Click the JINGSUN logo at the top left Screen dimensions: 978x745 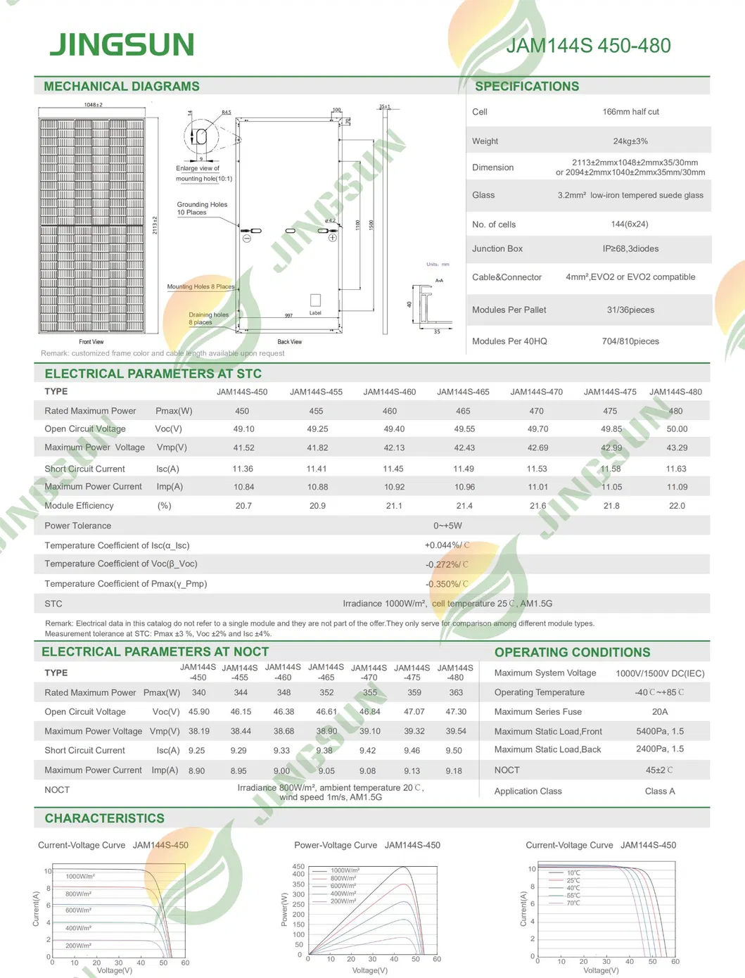(122, 44)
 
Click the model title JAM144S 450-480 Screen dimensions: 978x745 (588, 46)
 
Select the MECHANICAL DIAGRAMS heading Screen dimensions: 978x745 (122, 87)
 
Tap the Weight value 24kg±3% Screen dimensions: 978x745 (630, 141)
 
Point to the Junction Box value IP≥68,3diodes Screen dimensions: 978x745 (630, 249)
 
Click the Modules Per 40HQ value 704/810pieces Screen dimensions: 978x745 (630, 341)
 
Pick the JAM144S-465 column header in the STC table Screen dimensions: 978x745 (463, 392)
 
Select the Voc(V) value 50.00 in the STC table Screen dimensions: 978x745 (677, 429)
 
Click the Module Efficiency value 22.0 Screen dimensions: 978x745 (677, 506)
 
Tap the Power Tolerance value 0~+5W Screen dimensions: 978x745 (447, 526)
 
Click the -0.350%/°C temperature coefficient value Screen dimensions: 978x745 (447, 584)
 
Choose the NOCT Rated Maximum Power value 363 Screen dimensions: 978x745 (456, 692)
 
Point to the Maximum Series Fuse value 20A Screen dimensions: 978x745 (659, 712)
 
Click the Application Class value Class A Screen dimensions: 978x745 (659, 792)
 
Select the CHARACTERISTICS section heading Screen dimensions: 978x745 (105, 818)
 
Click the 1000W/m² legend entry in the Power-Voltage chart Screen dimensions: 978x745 (345, 870)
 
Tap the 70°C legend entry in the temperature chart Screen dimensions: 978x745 (573, 903)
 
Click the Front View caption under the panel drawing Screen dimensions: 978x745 (91, 342)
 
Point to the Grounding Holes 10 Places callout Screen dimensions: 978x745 (202, 208)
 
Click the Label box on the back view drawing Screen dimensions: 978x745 (315, 300)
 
